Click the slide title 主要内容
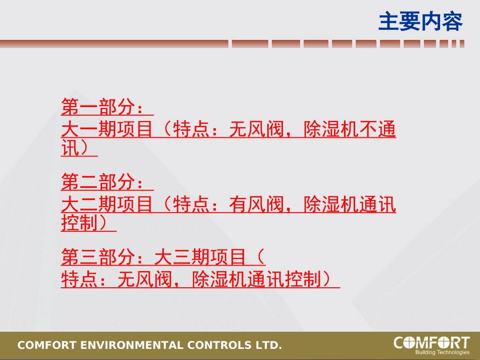click(420, 22)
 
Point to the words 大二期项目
click(107, 204)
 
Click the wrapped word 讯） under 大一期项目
click(79, 148)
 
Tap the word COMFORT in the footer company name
click(45, 346)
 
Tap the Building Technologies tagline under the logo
click(442, 352)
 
